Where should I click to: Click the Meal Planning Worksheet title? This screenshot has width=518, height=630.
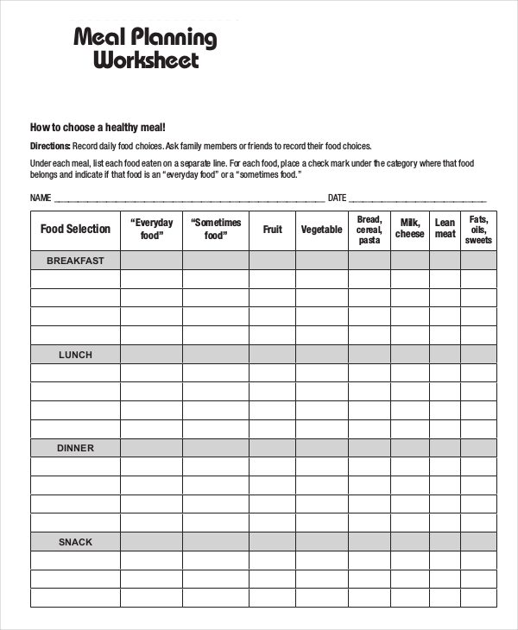[x=145, y=49]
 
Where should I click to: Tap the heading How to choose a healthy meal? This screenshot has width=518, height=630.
[x=98, y=127]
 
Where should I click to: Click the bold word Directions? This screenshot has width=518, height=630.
[x=50, y=146]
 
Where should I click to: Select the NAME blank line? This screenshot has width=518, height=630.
[x=189, y=198]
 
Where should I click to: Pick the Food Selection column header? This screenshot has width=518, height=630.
[x=75, y=230]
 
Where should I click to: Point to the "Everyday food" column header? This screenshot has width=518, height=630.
[x=151, y=230]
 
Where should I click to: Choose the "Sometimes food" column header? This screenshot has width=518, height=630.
[x=216, y=230]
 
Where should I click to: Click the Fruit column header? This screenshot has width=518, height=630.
[x=273, y=230]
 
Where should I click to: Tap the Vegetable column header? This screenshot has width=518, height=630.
[x=321, y=230]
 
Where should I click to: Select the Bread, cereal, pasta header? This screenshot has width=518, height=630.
[x=369, y=230]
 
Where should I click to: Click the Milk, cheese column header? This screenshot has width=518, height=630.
[x=410, y=230]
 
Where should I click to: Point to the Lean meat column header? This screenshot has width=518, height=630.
[x=445, y=230]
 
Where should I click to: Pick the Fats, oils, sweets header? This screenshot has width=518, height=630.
[x=478, y=230]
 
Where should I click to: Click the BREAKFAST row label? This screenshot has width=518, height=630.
[x=75, y=261]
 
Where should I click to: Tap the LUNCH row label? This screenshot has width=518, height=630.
[x=75, y=355]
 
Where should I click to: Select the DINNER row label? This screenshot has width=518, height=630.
[x=75, y=448]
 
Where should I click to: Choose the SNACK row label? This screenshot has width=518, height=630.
[x=75, y=542]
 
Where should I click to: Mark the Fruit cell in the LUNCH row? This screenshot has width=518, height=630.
[x=273, y=355]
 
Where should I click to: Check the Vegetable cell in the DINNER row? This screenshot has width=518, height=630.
[x=321, y=448]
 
